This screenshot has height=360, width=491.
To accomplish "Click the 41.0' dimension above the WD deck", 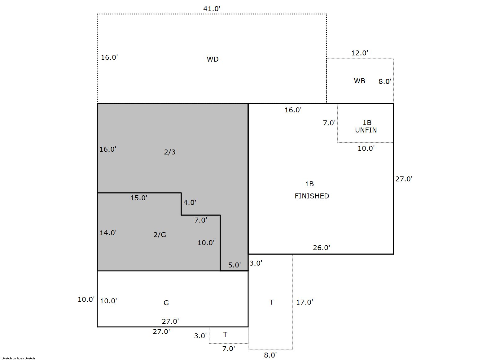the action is coord(212,9).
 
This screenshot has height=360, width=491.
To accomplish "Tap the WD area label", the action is coord(213,59).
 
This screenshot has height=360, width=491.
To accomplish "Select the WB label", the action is coord(359,81).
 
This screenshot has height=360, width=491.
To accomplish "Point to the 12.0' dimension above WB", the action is coord(359,53).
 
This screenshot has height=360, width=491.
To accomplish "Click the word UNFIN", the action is coord(366,130).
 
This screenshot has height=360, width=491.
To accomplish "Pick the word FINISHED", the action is coord(311,196).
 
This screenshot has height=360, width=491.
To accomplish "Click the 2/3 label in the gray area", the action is coord(170,152).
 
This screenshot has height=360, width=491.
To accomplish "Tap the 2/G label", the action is coord(160,235).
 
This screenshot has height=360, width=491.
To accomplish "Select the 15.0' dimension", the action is coord(138,198).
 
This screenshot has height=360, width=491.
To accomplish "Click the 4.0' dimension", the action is coord(190,202).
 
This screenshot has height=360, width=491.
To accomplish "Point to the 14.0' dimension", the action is coord(108,233).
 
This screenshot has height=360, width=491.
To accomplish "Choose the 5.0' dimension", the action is coord(234,265).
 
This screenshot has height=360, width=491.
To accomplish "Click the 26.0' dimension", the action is coord(321,248).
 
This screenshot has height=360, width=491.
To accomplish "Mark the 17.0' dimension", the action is coord(305,302).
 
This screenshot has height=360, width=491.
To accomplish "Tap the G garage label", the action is coord(166,303).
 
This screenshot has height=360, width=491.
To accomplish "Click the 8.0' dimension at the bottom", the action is coord(270,355).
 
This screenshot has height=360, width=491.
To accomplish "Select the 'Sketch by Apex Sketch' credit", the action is coord(18,358).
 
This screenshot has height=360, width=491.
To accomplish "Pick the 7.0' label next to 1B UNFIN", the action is coord(329,123).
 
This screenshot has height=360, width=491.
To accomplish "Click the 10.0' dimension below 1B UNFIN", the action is coord(366,149).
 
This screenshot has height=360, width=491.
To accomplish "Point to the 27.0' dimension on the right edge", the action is coord(404,179).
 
